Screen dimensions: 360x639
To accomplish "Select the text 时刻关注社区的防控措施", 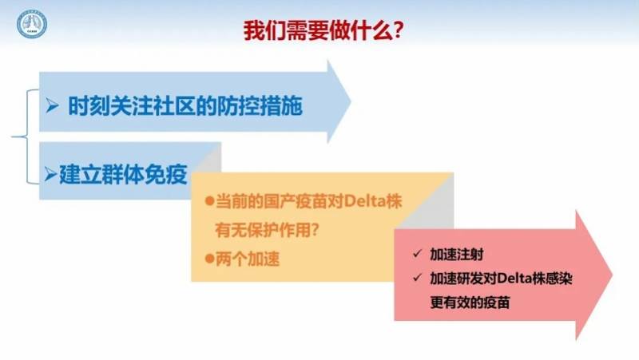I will pos(185,105).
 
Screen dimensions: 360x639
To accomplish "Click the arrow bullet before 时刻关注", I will pos(54,105).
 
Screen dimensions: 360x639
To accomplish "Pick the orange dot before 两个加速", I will pos(209,259).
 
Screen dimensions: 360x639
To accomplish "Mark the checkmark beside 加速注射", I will pos(417,255).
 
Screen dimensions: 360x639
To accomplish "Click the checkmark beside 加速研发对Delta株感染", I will pos(417,279).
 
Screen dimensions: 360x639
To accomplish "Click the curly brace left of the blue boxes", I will pos(22,136).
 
